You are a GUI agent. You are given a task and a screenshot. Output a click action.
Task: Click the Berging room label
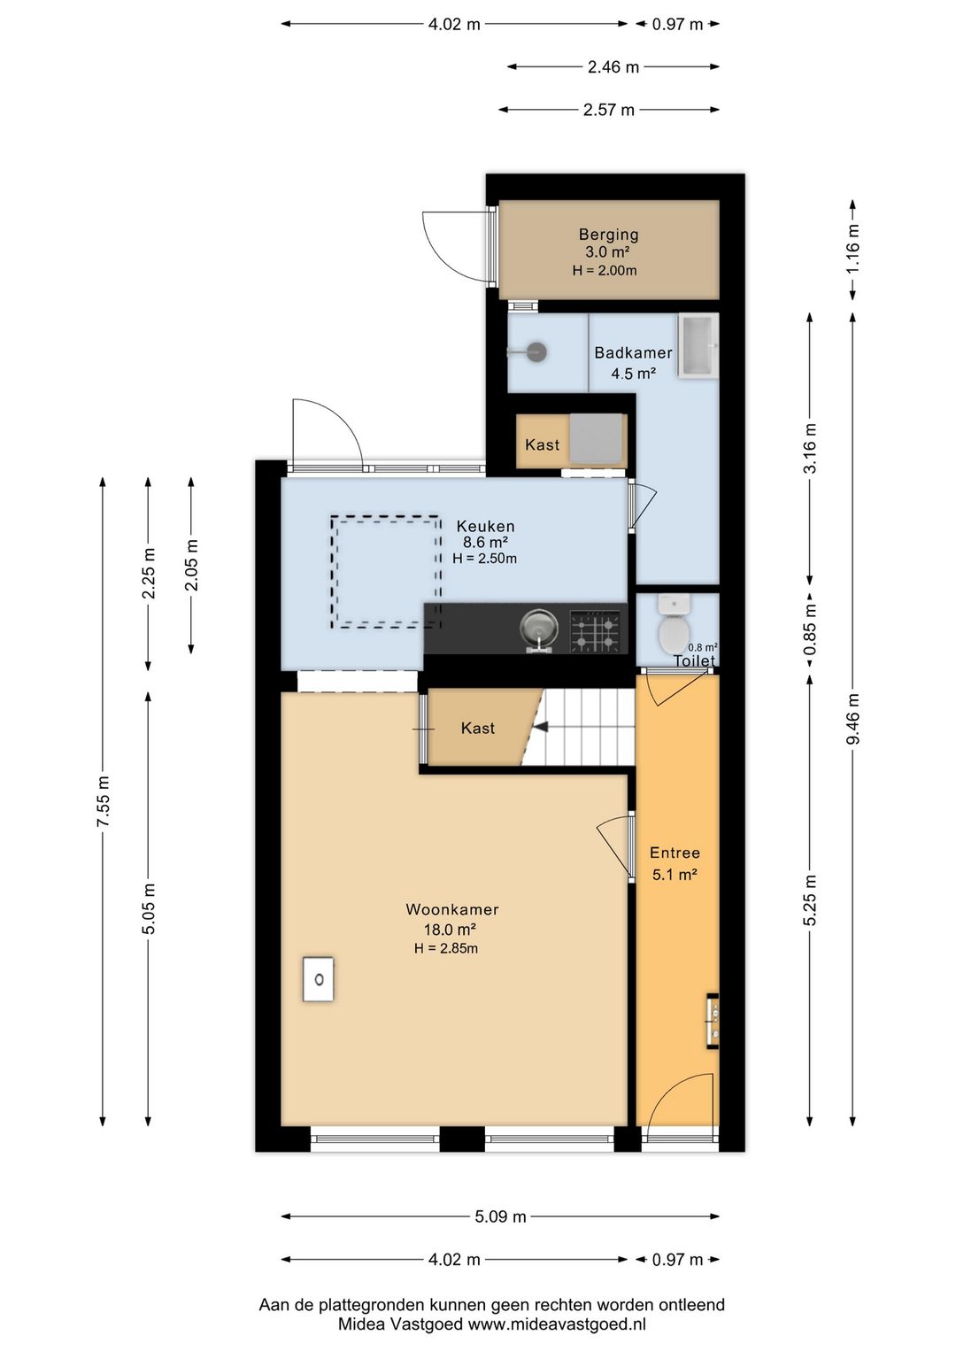coord(608,234)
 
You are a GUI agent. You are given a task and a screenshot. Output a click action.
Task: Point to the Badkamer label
coord(633,352)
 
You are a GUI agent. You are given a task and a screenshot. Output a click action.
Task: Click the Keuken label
coord(485,525)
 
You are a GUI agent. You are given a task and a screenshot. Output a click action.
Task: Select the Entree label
coord(675,853)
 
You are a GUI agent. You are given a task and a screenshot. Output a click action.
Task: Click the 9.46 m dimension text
coord(852,719)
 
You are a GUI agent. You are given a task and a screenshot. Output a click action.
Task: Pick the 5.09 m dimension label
coord(501,1216)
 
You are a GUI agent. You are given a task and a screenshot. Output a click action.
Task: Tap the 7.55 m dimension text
coord(104,801)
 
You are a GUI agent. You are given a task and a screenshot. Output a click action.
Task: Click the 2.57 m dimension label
coord(609,110)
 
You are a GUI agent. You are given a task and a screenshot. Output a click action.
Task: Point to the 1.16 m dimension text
coord(852,249)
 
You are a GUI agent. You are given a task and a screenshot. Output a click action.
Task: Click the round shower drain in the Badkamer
coord(536,352)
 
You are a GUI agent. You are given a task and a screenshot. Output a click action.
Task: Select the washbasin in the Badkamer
coord(698,345)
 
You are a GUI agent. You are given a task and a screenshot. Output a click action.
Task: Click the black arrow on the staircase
coord(541,728)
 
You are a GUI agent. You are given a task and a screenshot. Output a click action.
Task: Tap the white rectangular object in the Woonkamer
coord(319,979)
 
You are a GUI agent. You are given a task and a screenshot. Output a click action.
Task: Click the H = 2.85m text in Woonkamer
coord(446,949)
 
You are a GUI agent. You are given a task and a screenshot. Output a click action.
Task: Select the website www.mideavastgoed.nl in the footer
coord(558,1324)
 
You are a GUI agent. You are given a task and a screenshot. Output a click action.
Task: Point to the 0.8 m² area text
coord(703,648)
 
